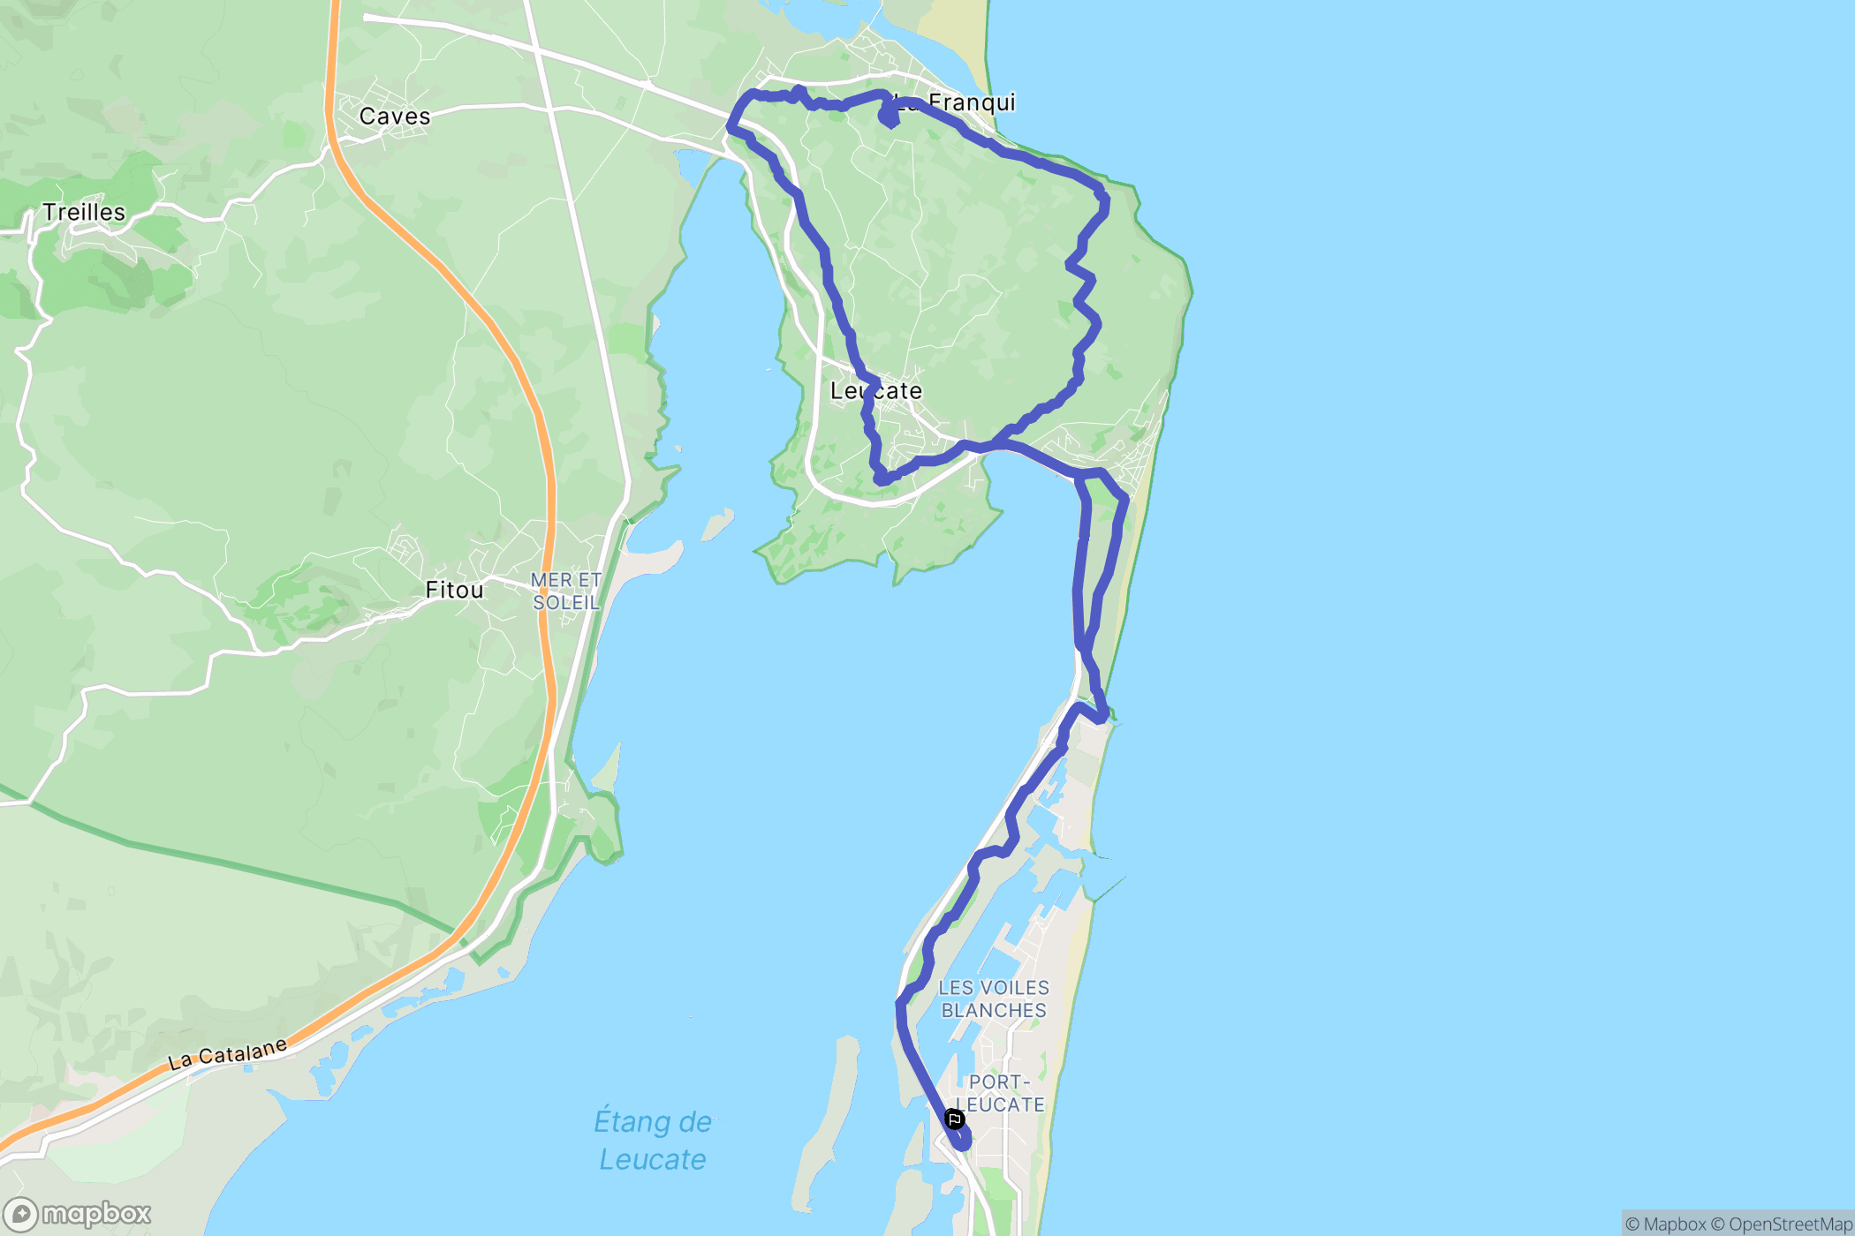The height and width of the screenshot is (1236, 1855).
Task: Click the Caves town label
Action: (394, 117)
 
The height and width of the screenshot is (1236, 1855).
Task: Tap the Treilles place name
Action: (84, 213)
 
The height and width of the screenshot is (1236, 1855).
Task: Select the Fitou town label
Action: (454, 590)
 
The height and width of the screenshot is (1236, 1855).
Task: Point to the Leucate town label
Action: (875, 391)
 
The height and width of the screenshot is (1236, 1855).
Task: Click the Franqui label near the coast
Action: (971, 102)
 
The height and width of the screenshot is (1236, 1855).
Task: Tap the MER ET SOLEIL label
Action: (565, 592)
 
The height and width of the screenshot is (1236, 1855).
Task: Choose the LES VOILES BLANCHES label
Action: (994, 999)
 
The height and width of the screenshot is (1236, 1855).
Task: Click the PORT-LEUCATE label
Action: (1000, 1094)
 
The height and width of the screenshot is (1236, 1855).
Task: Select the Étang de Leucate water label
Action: (653, 1140)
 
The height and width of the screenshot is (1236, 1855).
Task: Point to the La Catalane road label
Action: (228, 1054)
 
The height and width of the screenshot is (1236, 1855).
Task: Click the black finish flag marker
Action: (954, 1119)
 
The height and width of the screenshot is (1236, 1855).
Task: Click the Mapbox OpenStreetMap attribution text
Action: (1738, 1224)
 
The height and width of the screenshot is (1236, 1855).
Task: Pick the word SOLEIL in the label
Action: (565, 603)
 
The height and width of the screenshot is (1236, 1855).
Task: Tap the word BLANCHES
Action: (994, 1011)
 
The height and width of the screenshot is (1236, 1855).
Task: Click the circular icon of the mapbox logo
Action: (20, 1215)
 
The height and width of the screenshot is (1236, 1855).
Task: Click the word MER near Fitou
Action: (550, 580)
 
